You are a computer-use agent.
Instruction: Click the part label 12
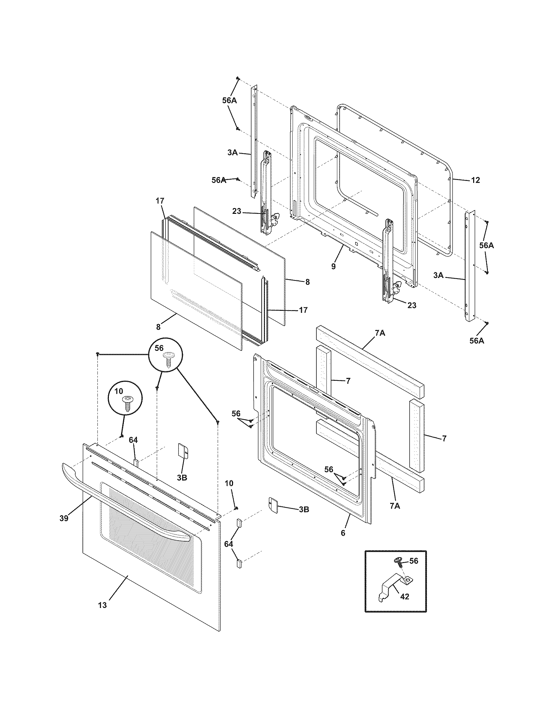475,180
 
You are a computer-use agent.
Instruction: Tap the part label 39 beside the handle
64,518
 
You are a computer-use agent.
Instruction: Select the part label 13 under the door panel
102,605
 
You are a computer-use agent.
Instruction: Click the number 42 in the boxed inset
405,597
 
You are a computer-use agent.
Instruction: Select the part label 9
333,267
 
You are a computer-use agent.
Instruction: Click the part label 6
343,533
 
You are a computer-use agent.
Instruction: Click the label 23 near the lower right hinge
412,305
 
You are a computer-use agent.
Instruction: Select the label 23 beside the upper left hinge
237,212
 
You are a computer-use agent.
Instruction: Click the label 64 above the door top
133,440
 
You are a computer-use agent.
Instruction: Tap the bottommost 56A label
476,341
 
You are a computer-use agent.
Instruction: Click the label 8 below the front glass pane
158,327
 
